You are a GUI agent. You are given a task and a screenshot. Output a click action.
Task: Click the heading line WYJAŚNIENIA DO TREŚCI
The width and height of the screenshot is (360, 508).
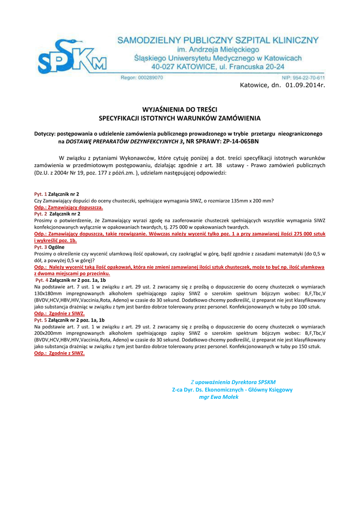pos(180,109)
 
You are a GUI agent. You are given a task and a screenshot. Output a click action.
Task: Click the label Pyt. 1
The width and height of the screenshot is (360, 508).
pos(40,194)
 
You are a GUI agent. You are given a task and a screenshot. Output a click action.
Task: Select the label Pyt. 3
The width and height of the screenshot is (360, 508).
pos(40,247)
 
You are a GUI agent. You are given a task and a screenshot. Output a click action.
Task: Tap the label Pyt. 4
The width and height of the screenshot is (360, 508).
pos(41,280)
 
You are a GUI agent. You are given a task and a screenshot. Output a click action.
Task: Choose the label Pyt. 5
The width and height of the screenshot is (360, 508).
pos(40,320)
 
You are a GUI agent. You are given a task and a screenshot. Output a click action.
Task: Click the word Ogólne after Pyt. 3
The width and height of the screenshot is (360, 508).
pos(57,247)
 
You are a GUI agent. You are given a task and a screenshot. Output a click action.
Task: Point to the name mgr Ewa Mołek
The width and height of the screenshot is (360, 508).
pos(218,397)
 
